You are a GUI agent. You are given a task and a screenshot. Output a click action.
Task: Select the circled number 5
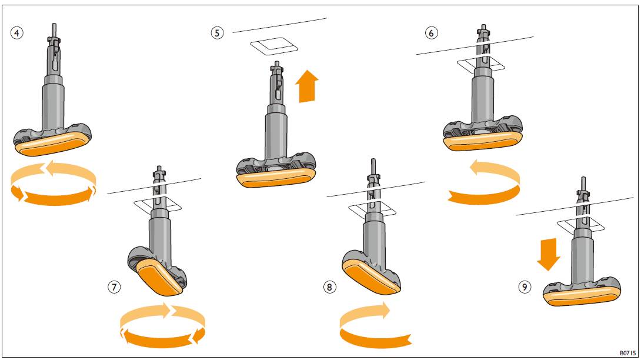218,33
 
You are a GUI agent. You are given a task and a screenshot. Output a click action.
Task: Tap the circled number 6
432,33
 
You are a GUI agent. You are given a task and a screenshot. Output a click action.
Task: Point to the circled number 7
114,287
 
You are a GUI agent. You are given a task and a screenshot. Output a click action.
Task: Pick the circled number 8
329,287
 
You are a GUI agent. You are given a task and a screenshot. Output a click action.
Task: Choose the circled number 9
524,287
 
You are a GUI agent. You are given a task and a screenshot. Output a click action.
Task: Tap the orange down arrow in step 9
548,254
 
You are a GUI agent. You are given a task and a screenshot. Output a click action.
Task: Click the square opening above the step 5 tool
274,45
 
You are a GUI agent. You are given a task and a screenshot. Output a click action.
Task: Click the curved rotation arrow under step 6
484,183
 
